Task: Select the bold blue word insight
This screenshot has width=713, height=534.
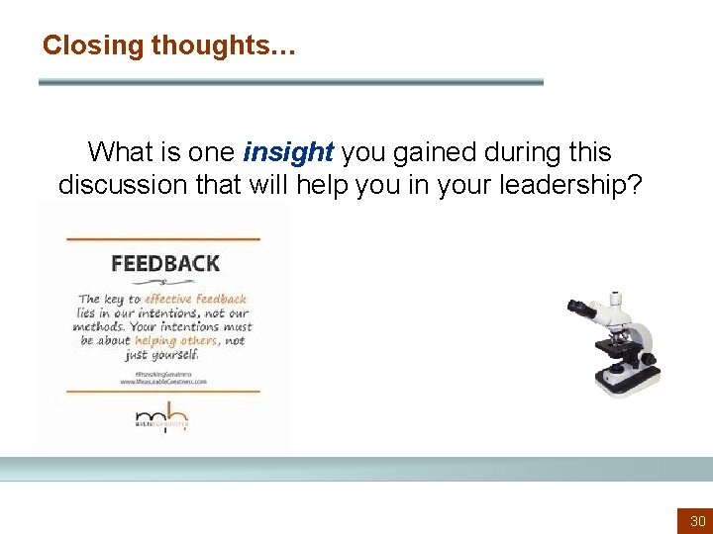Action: coord(288,152)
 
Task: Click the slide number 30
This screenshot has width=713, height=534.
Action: coord(697,520)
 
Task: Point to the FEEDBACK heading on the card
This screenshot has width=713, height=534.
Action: coord(165,264)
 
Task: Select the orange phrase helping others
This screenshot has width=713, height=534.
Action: coord(183,340)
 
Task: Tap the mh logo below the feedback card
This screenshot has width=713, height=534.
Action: coord(161,417)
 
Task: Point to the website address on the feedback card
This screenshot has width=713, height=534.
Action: coord(163,380)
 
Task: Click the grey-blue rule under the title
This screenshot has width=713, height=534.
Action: coord(290,82)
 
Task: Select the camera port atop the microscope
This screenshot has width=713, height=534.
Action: coord(616,298)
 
